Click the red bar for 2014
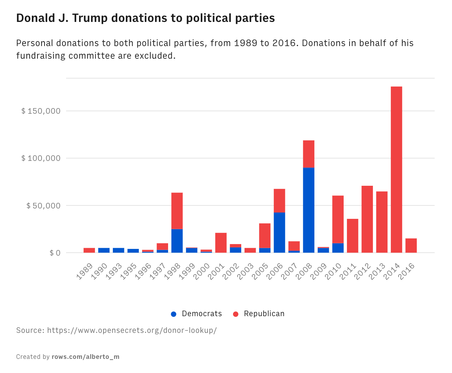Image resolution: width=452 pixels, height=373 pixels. click(x=396, y=169)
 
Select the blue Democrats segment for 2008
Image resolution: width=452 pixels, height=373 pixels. click(x=309, y=210)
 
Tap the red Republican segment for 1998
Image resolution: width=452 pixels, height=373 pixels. click(x=177, y=211)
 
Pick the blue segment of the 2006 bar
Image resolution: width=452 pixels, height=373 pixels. click(x=279, y=232)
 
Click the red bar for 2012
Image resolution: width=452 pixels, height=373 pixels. click(x=367, y=219)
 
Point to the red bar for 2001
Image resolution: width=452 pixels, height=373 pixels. click(x=221, y=243)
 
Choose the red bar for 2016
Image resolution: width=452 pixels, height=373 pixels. click(x=411, y=245)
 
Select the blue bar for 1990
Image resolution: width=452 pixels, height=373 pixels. click(x=104, y=250)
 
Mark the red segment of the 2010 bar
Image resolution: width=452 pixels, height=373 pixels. click(x=338, y=219)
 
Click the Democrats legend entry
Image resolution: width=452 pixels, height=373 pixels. click(x=197, y=314)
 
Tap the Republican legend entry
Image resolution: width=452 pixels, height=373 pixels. click(x=259, y=314)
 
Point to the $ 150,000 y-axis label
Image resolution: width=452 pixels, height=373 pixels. click(x=40, y=111)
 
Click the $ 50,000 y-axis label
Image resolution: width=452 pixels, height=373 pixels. click(x=43, y=205)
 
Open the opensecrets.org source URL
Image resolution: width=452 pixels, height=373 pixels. click(x=132, y=330)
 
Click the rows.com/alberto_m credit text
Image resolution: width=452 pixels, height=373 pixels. click(x=85, y=357)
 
